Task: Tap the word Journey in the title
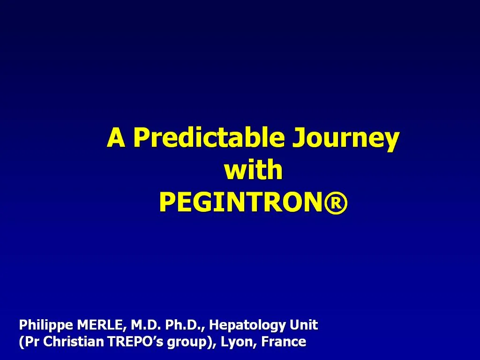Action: [345, 139]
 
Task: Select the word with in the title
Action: [254, 171]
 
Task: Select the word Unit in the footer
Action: [304, 324]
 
